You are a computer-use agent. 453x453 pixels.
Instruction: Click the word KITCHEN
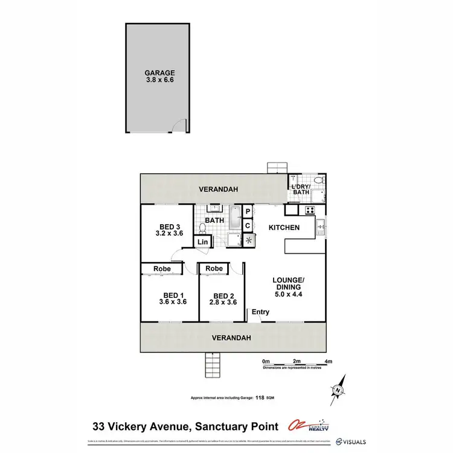(284, 228)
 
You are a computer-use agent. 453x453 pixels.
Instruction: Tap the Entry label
(260, 312)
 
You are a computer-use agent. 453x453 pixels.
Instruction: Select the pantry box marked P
(248, 212)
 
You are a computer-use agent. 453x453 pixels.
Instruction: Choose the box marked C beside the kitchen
(248, 225)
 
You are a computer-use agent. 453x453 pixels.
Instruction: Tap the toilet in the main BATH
(202, 228)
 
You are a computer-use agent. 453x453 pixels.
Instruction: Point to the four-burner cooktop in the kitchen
(310, 211)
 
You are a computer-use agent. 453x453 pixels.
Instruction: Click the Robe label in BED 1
(161, 269)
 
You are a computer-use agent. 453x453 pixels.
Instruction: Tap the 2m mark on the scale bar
(297, 361)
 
